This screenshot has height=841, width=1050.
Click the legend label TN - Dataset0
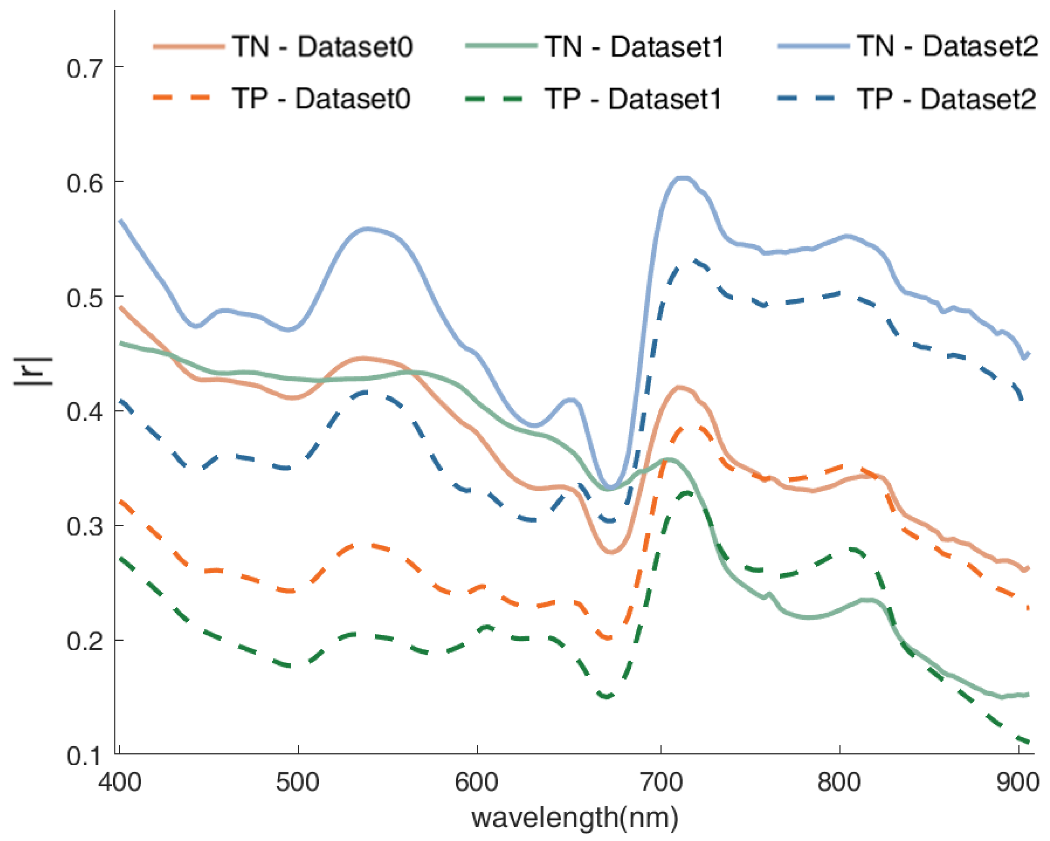pyautogui.click(x=322, y=47)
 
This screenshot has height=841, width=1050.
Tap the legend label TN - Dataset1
pyautogui.click(x=635, y=47)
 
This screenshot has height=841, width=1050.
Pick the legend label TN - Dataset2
pyautogui.click(x=947, y=47)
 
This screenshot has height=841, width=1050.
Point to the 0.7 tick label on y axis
pyautogui.click(x=85, y=68)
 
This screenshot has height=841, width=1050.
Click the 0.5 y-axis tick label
pyautogui.click(x=85, y=297)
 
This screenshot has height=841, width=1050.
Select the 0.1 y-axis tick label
pyautogui.click(x=85, y=756)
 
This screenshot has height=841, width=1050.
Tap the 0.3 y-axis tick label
pyautogui.click(x=85, y=527)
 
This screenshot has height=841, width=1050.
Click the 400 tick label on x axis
pyautogui.click(x=119, y=782)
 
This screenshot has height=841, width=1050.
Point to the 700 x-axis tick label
pyautogui.click(x=661, y=782)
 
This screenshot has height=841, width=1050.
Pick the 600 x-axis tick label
pyautogui.click(x=477, y=782)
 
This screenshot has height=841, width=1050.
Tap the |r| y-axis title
pyautogui.click(x=33, y=371)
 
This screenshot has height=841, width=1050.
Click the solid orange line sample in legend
pyautogui.click(x=189, y=47)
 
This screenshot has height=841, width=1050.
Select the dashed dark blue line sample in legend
pyautogui.click(x=813, y=99)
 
